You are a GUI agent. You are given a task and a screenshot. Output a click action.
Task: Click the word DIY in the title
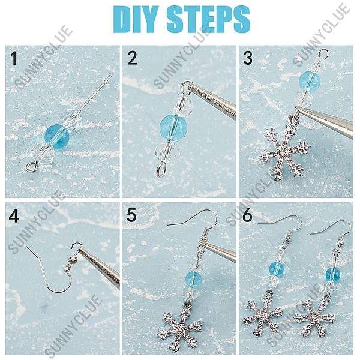pyautogui.click(x=136, y=19)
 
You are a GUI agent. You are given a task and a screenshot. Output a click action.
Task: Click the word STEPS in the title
pyautogui.click(x=208, y=19)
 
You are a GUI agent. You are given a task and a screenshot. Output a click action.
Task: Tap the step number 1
pyautogui.click(x=14, y=58)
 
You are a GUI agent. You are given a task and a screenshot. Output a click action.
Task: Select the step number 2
pyautogui.click(x=132, y=58)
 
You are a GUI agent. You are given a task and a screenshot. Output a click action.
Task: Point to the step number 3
pyautogui.click(x=248, y=58)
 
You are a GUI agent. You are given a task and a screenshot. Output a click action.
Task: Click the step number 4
pyautogui.click(x=14, y=215)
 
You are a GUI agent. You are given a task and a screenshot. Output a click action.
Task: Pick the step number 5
pyautogui.click(x=131, y=215)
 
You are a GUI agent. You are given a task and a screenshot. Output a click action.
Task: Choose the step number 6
pyautogui.click(x=247, y=215)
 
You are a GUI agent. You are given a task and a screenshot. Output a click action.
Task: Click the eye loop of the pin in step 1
pyautogui.click(x=32, y=166)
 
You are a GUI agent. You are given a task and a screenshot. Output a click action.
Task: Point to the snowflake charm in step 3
pyautogui.click(x=284, y=151)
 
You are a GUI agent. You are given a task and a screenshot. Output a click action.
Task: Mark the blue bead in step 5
pyautogui.click(x=193, y=278)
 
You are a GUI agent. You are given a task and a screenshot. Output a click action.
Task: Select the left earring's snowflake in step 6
pyautogui.click(x=262, y=314)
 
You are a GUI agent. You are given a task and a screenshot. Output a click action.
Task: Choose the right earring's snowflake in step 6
pyautogui.click(x=315, y=318)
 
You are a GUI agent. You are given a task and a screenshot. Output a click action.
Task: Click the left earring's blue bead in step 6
pyautogui.click(x=276, y=269)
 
